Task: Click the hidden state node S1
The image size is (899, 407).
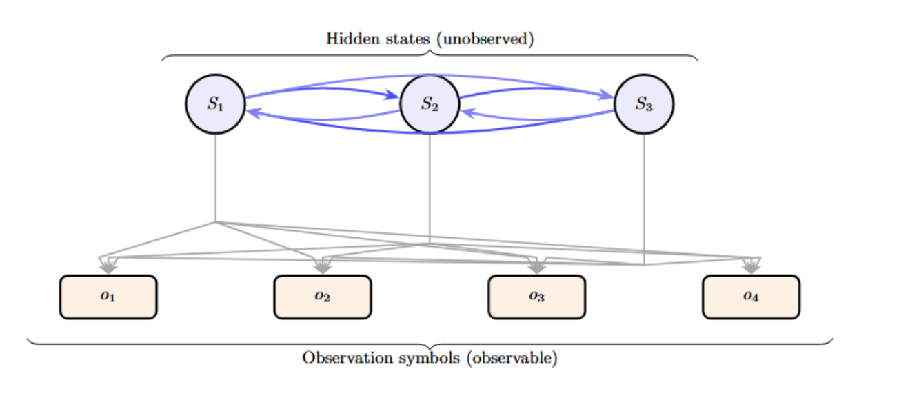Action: tap(216, 105)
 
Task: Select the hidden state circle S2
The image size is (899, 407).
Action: tap(430, 105)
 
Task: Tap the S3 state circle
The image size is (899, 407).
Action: tap(644, 105)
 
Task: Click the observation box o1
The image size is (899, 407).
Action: tap(108, 297)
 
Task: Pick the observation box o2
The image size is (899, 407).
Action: tap(323, 297)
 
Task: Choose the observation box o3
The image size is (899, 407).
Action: tap(537, 297)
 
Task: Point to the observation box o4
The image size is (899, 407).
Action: tap(751, 297)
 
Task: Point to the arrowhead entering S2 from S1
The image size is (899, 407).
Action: tap(394, 97)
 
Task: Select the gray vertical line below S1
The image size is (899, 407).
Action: tap(216, 179)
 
